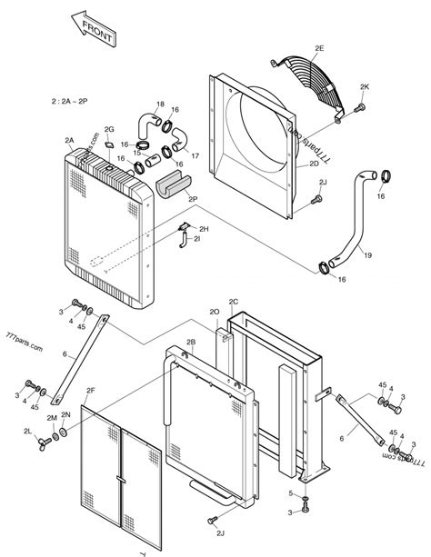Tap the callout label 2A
click(69, 140)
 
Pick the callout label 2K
click(365, 86)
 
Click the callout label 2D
click(314, 164)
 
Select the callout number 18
click(160, 104)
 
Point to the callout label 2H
click(204, 229)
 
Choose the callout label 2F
click(90, 391)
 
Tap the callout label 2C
click(233, 301)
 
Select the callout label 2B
click(191, 342)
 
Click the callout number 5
click(291, 493)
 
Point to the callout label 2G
click(109, 130)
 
